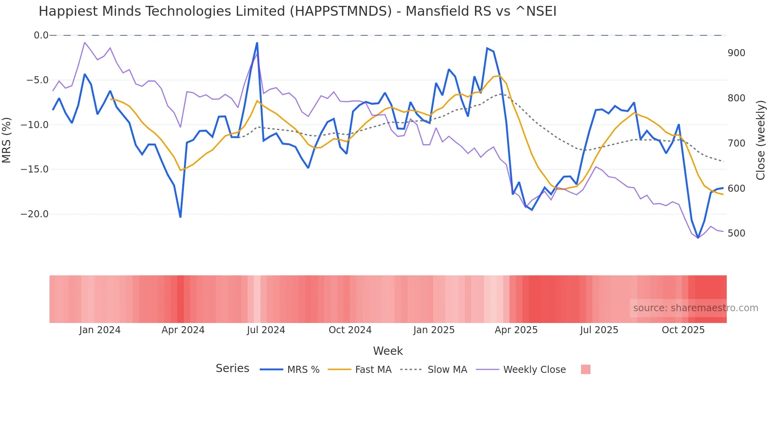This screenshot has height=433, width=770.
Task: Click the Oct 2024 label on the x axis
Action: [x=350, y=330]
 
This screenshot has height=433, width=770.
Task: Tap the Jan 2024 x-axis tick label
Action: [x=100, y=330]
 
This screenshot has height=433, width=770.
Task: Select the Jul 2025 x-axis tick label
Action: [x=599, y=330]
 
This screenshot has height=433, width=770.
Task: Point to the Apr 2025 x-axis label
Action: [x=516, y=330]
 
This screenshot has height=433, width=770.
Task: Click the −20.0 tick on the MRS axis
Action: [x=35, y=214]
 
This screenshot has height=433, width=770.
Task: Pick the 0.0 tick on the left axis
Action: [x=41, y=35]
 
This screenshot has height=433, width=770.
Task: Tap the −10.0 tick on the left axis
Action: [x=35, y=125]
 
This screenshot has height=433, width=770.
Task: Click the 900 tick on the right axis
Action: [x=736, y=53]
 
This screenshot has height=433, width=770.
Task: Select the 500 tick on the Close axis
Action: [x=736, y=233]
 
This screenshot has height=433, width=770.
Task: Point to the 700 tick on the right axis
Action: [x=736, y=143]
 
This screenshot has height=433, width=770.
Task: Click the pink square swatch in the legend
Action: [x=585, y=369]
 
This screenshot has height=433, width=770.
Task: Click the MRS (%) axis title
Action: [x=7, y=140]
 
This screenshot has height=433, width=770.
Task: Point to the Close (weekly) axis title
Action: [x=761, y=140]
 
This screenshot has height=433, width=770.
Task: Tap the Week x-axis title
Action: [x=388, y=351]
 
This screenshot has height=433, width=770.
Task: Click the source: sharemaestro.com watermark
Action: [x=695, y=308]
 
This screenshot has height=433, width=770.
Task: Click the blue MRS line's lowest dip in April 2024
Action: [x=180, y=216]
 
